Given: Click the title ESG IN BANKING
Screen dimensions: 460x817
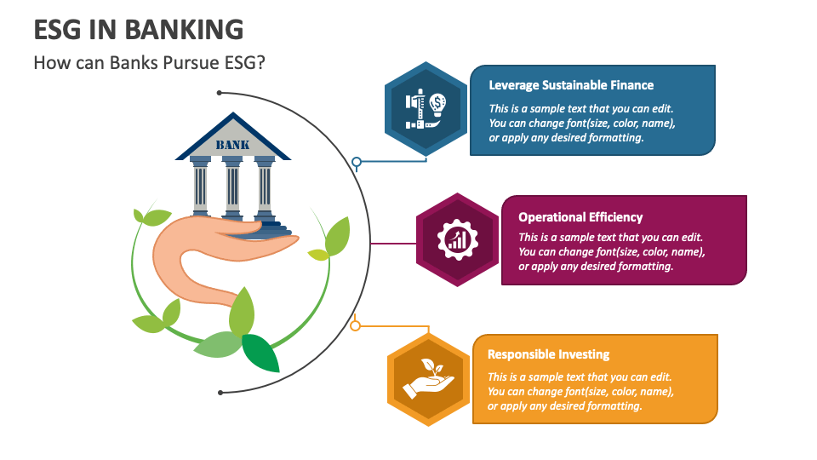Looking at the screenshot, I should pyautogui.click(x=138, y=30).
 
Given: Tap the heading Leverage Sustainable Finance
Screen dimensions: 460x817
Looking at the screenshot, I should pyautogui.click(x=571, y=85).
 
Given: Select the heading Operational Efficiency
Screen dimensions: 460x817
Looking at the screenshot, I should pyautogui.click(x=580, y=217).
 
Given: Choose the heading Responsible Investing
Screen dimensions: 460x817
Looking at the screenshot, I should pyautogui.click(x=548, y=354).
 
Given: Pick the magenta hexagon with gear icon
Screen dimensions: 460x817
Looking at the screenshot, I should pyautogui.click(x=456, y=239).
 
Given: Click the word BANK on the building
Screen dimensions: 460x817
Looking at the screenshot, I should pyautogui.click(x=232, y=145).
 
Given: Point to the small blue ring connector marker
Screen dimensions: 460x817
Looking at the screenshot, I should pyautogui.click(x=357, y=161).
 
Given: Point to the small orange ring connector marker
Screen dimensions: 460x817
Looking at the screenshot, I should pyautogui.click(x=356, y=325).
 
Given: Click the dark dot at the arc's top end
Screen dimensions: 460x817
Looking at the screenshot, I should pyautogui.click(x=220, y=92).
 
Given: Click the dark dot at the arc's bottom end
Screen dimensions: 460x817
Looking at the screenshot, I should pyautogui.click(x=220, y=393).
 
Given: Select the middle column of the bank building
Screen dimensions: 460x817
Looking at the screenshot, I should pyautogui.click(x=232, y=189).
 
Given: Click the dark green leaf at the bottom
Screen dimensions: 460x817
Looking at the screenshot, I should pyautogui.click(x=260, y=353).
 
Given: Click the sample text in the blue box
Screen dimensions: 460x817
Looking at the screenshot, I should pyautogui.click(x=581, y=124).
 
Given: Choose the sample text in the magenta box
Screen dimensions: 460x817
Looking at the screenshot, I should pyautogui.click(x=611, y=252).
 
